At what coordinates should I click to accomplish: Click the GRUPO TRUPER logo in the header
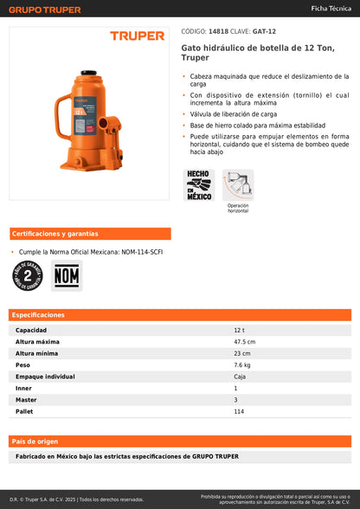coord(44,10)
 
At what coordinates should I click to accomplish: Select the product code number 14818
coord(219,30)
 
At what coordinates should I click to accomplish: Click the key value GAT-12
coord(265,30)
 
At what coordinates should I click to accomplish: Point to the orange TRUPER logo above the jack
coord(137,36)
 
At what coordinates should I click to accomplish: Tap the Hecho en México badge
coord(198,184)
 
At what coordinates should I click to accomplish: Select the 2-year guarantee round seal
coord(28,276)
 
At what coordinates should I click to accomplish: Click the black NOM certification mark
coord(66,276)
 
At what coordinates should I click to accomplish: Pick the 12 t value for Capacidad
coord(239,331)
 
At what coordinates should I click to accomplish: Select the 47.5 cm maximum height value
coord(245,342)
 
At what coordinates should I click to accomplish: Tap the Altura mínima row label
coord(36,353)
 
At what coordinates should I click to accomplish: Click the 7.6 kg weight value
coord(241,365)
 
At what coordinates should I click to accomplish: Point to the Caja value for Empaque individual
coord(240,377)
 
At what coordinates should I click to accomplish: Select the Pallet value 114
coord(239,411)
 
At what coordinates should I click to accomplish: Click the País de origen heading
coord(35,441)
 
